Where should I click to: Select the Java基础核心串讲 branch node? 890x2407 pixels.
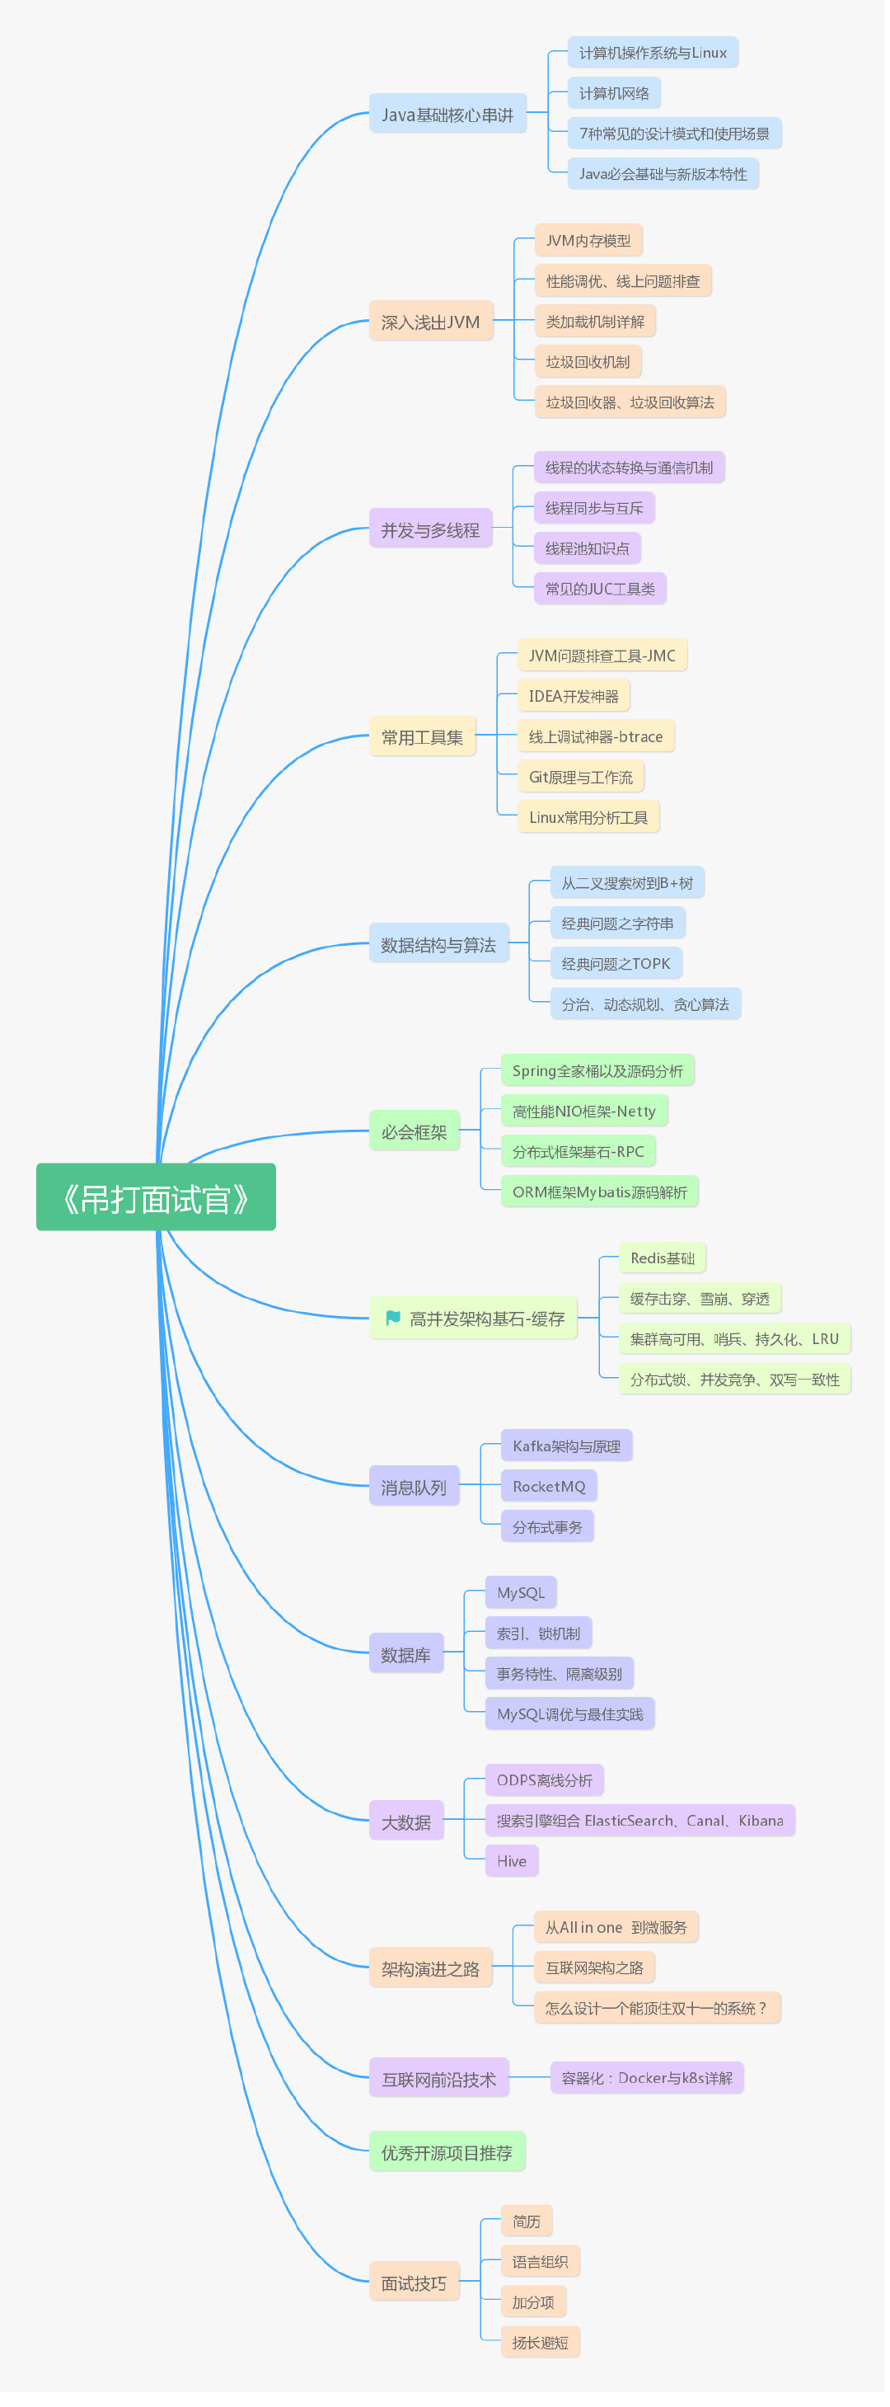447,114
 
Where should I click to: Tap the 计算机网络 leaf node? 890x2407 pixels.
615,92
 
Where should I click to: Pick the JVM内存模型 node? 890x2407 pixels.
588,240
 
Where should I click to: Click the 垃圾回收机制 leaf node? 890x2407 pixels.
588,362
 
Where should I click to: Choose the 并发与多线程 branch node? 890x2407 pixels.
430,529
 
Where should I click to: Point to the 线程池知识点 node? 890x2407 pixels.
588,548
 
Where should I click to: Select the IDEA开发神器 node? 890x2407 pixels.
574,695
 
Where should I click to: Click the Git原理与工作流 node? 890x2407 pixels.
581,777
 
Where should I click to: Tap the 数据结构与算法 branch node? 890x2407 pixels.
439,943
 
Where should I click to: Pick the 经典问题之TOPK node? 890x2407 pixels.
616,962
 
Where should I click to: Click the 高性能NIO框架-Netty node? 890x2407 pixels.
584,1110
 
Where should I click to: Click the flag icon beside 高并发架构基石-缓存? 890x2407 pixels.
393,1317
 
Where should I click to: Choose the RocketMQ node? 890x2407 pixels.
549,1486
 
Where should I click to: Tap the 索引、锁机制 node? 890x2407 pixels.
539,1633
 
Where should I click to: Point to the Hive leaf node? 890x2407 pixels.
512,1859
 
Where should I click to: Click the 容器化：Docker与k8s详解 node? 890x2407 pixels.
647,2077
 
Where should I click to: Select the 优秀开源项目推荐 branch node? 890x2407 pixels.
447,2151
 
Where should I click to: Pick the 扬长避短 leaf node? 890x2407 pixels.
541,2341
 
